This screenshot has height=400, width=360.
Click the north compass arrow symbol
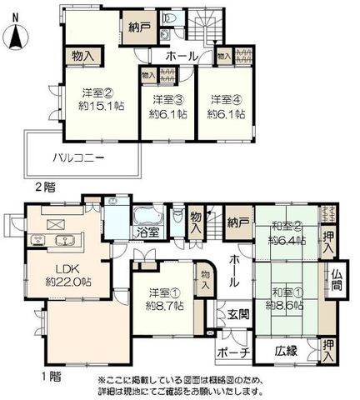pos(15,37)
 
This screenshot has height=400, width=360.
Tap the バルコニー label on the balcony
pos(79,158)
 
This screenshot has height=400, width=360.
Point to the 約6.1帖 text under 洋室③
pos(168,114)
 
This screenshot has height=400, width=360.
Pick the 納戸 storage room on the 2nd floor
pos(140,27)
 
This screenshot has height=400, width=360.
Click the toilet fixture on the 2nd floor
pos(170,17)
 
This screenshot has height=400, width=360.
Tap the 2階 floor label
pos(45,187)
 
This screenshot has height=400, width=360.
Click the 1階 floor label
pos(52,377)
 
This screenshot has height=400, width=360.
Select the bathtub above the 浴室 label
pos(147,217)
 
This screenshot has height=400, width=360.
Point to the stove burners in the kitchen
pos(37,240)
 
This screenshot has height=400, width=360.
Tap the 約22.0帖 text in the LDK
pos(68,282)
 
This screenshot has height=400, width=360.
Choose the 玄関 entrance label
pos(238,314)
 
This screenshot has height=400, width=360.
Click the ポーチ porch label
pos(234,353)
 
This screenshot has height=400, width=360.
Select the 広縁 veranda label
pos(287,352)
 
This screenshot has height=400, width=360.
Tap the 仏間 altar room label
pos(337,280)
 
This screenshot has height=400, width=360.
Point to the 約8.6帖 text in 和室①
pos(284,305)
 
